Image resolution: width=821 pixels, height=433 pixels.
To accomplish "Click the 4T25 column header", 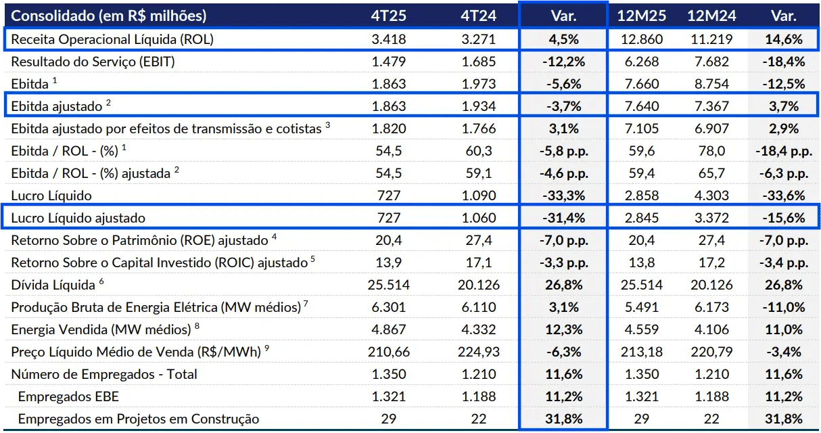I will [389, 16].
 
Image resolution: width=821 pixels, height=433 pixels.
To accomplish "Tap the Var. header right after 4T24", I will [563, 16].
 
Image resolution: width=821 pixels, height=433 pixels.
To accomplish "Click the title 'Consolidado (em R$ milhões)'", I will [109, 16].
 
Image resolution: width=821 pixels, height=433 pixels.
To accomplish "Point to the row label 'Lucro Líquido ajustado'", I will [78, 218].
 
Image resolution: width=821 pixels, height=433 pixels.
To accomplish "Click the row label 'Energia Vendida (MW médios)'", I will [101, 329].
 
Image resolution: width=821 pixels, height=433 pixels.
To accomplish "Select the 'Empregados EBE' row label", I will [59, 396].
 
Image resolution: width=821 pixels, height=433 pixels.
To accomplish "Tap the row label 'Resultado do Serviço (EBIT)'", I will [93, 62].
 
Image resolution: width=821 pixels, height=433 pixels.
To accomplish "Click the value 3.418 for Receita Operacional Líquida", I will [389, 39].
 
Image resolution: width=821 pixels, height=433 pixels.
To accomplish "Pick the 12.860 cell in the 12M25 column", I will [640, 39].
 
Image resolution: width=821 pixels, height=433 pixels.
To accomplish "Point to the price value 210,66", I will [389, 352].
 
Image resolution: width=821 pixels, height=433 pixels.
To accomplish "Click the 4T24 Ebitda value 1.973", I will [479, 84].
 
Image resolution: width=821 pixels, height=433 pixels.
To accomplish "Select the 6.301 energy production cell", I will [389, 307].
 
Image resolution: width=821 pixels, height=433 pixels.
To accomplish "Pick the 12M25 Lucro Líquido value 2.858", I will [640, 196].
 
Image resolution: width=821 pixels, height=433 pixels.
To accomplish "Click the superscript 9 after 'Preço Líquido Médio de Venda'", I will [266, 348].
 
